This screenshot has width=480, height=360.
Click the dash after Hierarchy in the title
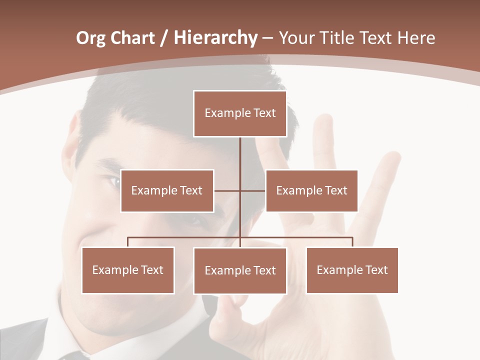267,38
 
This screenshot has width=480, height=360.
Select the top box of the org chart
240,113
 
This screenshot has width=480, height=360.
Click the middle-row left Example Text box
167,190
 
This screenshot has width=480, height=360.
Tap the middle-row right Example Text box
311,190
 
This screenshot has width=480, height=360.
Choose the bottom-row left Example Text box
128,270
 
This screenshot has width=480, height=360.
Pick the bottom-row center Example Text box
240,270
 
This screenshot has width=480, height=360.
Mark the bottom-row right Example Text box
352,270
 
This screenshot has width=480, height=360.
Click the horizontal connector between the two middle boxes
227,190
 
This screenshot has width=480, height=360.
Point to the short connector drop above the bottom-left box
128,242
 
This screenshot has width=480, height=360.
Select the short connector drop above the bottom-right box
352,242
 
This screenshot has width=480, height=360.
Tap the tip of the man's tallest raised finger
323,119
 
